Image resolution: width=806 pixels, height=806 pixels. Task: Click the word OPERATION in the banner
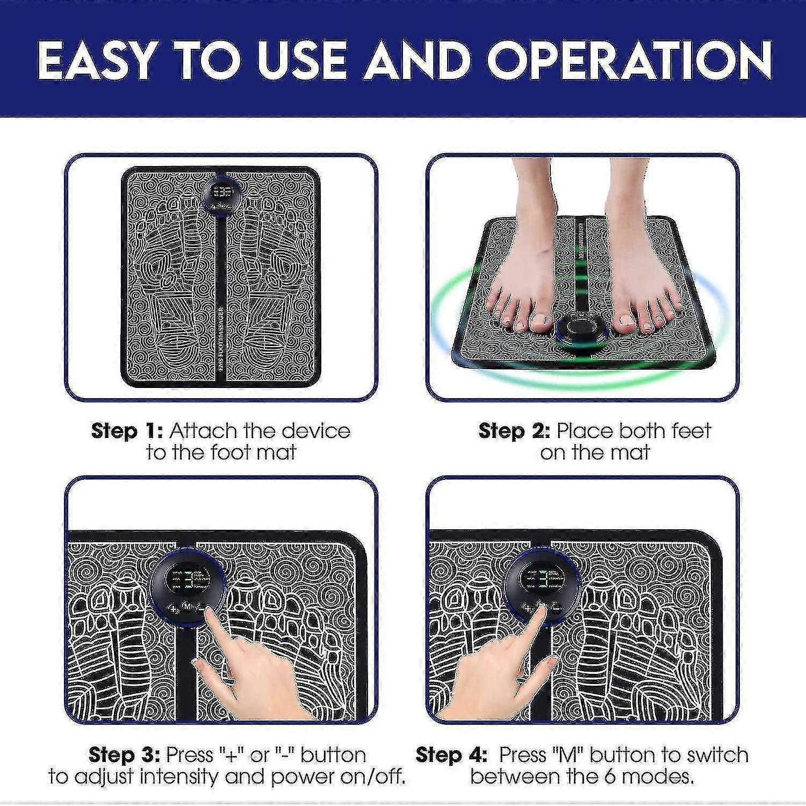[x=629, y=60]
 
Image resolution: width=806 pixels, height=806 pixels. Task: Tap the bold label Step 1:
[x=127, y=431]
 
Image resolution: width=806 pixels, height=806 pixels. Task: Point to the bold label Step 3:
[x=124, y=755]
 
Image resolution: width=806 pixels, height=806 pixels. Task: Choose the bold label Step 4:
[x=451, y=755]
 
